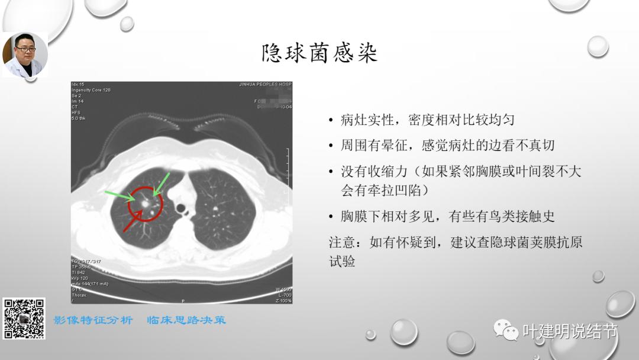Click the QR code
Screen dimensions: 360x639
click(24, 319)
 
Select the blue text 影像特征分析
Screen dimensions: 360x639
click(93, 320)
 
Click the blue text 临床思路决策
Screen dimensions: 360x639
click(186, 320)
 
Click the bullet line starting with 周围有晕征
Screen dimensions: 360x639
click(447, 145)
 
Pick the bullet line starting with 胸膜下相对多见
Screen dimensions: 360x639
click(447, 216)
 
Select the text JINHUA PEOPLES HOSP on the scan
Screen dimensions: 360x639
click(265, 85)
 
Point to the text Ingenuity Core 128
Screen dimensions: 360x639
click(91, 90)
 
